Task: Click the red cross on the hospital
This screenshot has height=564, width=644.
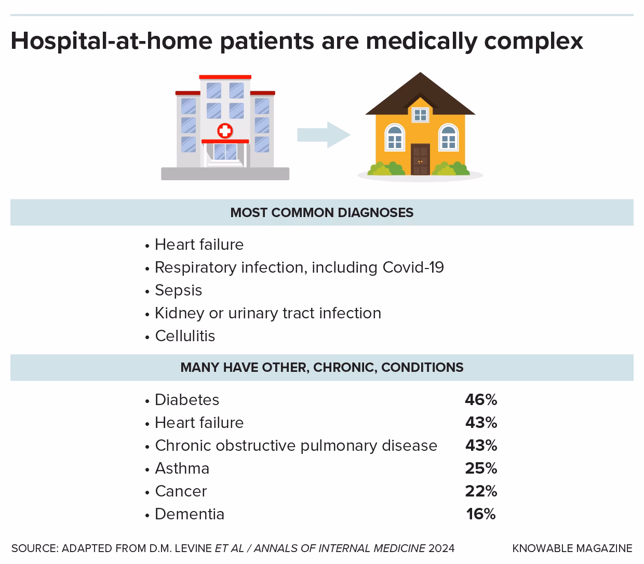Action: [x=225, y=130]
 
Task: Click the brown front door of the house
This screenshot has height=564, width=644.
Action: [x=420, y=159]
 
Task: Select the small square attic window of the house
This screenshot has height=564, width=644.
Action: [x=420, y=114]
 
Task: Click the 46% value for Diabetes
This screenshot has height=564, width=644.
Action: [x=481, y=399]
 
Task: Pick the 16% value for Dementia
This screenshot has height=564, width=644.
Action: [x=481, y=514]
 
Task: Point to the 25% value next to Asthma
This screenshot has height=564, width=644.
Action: [x=481, y=468]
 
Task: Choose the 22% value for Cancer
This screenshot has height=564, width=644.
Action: [x=481, y=491]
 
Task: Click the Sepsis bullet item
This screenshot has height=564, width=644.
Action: [x=178, y=290]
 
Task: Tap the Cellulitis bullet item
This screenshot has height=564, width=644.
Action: [x=185, y=336]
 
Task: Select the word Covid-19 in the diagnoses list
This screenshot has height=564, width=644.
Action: [x=413, y=267]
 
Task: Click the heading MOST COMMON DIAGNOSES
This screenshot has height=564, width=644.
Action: [x=321, y=212]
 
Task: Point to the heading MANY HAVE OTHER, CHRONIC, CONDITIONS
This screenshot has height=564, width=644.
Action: [x=321, y=367]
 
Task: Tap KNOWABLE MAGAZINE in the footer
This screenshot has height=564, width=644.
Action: [x=572, y=548]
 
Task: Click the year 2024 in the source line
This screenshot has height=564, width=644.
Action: [x=441, y=548]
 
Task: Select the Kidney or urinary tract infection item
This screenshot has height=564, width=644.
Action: [x=268, y=313]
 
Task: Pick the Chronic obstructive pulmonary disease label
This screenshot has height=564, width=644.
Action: [x=296, y=445]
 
